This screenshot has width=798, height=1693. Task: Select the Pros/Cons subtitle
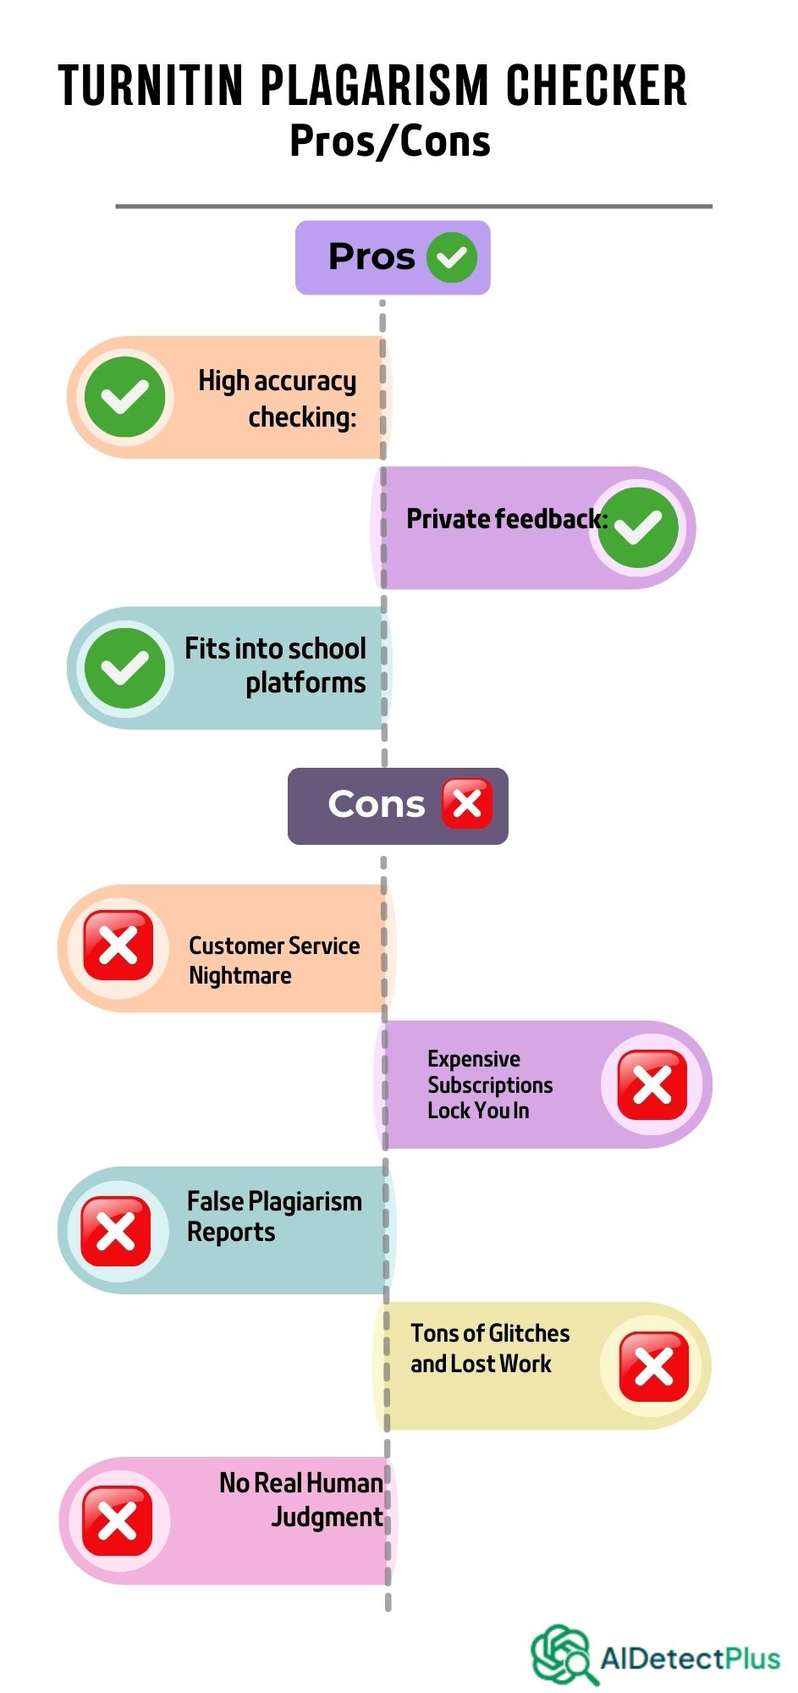[390, 141]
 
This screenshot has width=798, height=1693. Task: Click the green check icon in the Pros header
[452, 256]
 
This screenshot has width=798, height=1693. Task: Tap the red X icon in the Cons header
[467, 803]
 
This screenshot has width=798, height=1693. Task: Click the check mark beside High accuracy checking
[125, 397]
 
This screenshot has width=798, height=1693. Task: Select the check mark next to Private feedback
[638, 527]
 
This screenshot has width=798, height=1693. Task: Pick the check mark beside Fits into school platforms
[125, 668]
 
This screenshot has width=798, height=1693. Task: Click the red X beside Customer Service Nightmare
[118, 946]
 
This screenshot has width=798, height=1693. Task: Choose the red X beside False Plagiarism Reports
[116, 1231]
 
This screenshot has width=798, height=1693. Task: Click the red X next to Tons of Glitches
[653, 1366]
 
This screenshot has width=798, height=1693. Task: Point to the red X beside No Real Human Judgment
[118, 1520]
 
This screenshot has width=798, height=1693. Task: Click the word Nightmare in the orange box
[240, 976]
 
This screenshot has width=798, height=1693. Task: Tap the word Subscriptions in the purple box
[490, 1085]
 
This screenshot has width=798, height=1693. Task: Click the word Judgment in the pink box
[327, 1517]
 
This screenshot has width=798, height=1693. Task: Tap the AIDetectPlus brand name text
[690, 1657]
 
